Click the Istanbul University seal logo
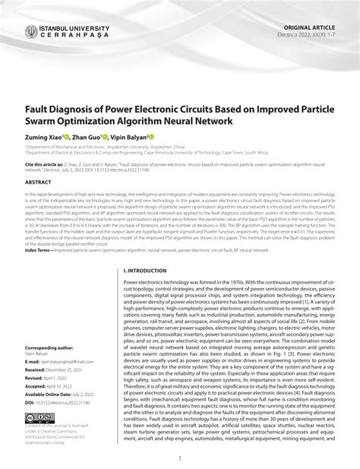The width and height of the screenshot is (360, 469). (x=32, y=32)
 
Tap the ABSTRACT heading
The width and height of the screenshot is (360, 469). (x=39, y=182)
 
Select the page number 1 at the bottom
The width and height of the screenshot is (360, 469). (x=179, y=458)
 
